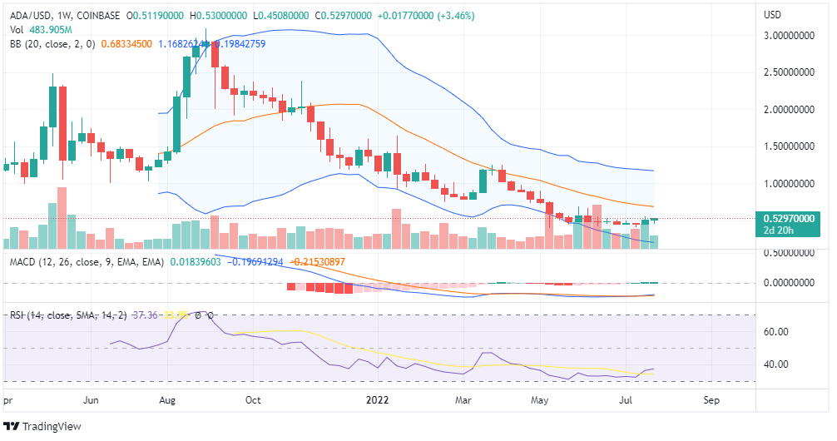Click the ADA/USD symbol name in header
pyautogui.click(x=27, y=14)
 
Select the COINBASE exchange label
pyautogui.click(x=101, y=14)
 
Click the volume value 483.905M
pyautogui.click(x=47, y=29)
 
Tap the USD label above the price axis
pyautogui.click(x=773, y=14)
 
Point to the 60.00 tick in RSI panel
pyautogui.click(x=775, y=332)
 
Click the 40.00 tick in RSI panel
pyautogui.click(x=775, y=364)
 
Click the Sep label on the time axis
pyautogui.click(x=711, y=400)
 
